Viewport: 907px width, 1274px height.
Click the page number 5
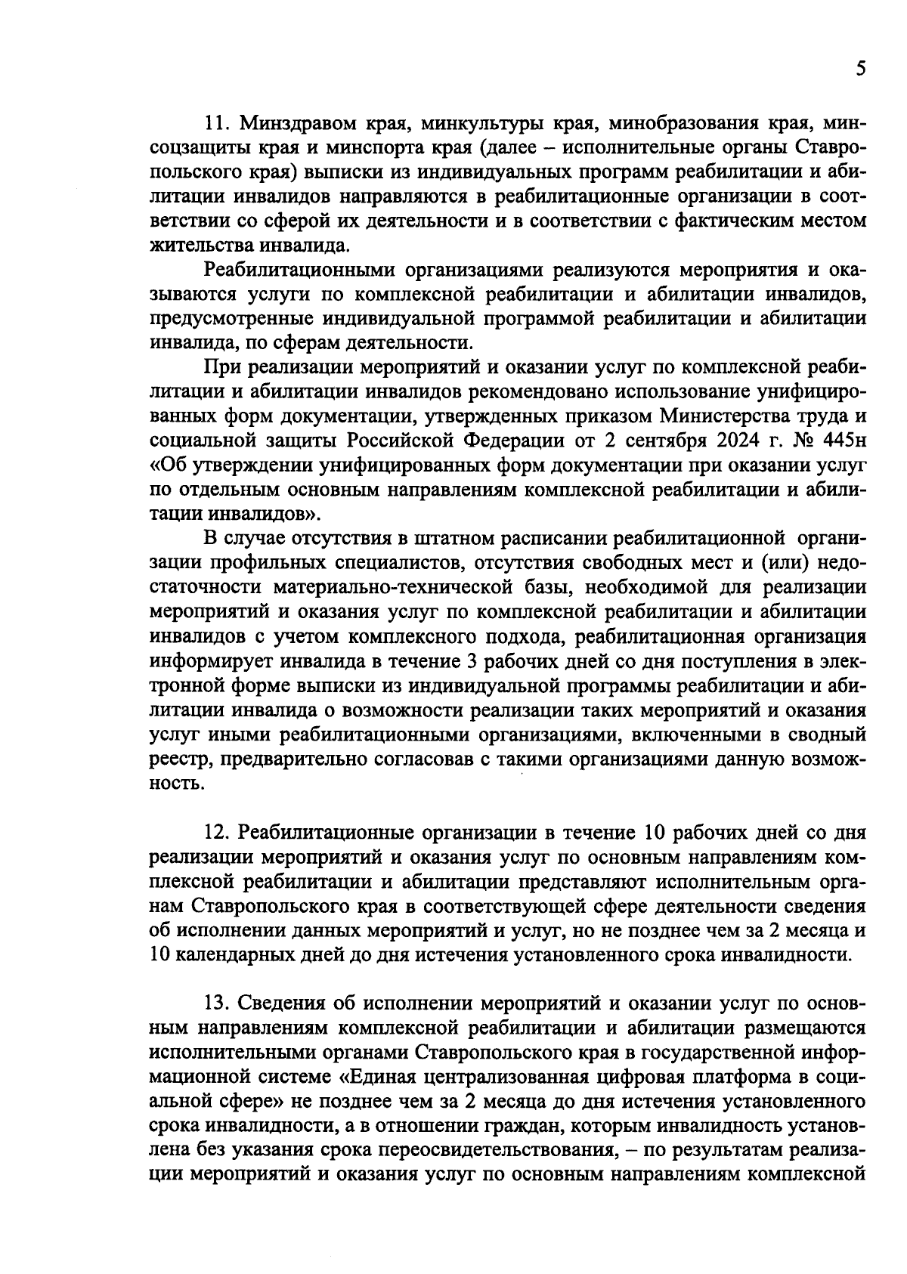pyautogui.click(x=860, y=69)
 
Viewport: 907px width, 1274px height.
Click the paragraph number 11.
pyautogui.click(x=218, y=123)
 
